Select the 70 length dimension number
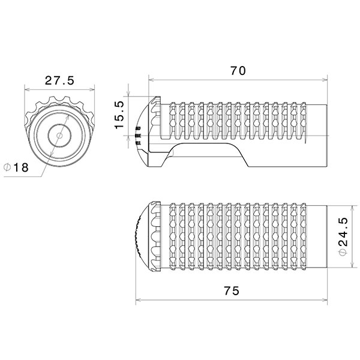pos(238,70)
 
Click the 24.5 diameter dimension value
pos(342,235)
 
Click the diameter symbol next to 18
pos(7,168)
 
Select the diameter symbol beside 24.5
pos(342,254)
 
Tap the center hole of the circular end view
pos(58,136)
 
